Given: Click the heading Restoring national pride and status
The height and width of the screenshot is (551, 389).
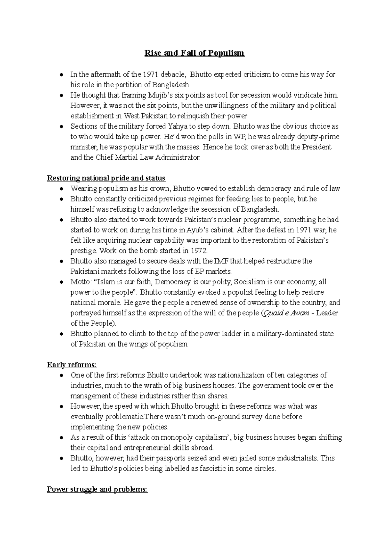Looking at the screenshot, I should (106, 178).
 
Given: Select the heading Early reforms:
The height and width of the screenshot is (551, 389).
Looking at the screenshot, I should (72, 365).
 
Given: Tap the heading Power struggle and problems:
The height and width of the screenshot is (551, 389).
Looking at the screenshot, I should (97, 489).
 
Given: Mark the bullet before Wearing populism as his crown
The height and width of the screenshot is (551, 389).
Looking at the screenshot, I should (61, 189).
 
